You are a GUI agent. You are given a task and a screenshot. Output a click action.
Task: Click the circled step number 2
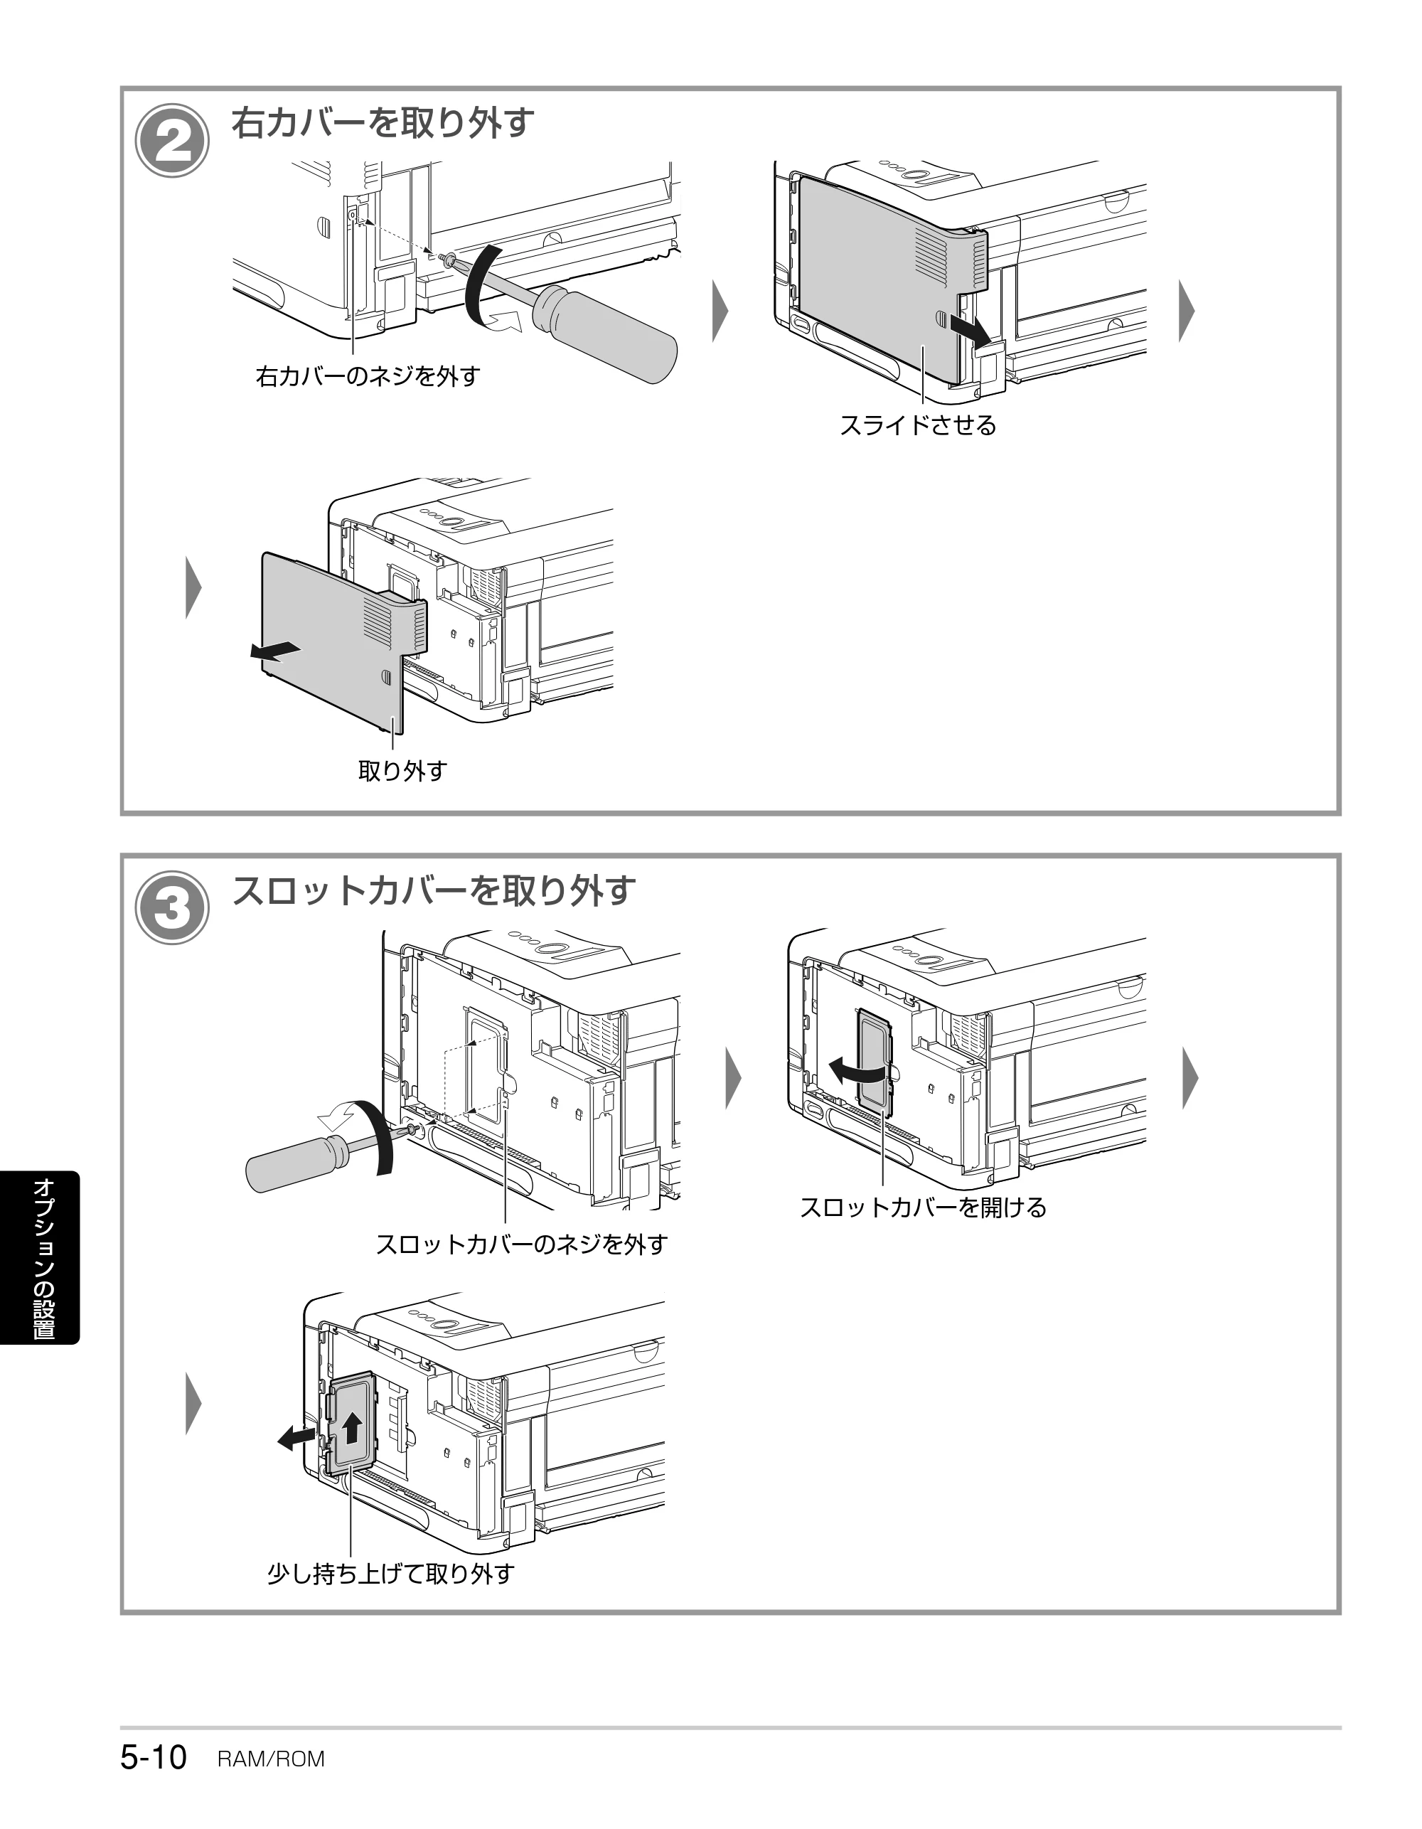[x=173, y=141]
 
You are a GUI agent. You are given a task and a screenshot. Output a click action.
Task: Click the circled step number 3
[x=173, y=908]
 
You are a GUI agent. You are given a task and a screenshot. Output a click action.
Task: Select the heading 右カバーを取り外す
[x=383, y=122]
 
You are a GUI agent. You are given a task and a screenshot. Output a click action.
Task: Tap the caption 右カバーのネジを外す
[x=368, y=376]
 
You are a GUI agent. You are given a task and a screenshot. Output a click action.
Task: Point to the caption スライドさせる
[x=918, y=425]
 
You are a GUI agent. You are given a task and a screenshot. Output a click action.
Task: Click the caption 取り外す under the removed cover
[x=403, y=770]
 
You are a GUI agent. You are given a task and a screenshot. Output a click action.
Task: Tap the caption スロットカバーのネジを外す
[x=522, y=1244]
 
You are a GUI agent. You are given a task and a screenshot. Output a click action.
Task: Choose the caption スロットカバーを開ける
[x=923, y=1207]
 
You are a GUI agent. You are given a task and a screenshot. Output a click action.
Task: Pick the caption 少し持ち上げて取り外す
[x=390, y=1574]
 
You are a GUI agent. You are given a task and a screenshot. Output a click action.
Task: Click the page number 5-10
[x=154, y=1757]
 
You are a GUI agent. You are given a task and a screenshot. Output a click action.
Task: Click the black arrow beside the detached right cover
[x=274, y=651]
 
